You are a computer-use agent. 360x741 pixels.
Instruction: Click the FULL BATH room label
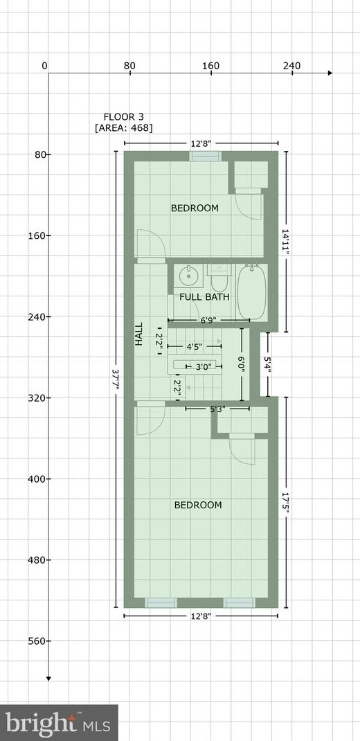click(x=204, y=297)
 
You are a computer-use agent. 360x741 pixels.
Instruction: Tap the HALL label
click(x=139, y=334)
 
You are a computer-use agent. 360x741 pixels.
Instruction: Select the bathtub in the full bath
click(x=251, y=293)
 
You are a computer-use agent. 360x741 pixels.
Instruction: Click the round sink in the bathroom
click(x=188, y=277)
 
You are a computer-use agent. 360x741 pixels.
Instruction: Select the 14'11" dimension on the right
click(x=285, y=242)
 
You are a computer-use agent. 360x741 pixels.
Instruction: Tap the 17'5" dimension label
click(x=285, y=503)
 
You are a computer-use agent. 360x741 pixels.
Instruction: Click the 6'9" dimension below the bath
click(x=208, y=321)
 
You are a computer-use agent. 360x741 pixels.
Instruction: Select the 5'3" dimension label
click(x=217, y=409)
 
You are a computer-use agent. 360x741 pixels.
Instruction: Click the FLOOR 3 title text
click(x=123, y=116)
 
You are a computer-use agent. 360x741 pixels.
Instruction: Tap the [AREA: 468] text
click(x=123, y=127)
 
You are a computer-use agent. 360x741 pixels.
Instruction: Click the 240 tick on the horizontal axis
click(x=291, y=66)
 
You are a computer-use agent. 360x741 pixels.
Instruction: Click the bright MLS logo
click(x=58, y=723)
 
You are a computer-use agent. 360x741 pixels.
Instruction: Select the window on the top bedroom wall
click(x=206, y=156)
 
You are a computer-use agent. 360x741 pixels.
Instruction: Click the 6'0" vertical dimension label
click(x=242, y=364)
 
